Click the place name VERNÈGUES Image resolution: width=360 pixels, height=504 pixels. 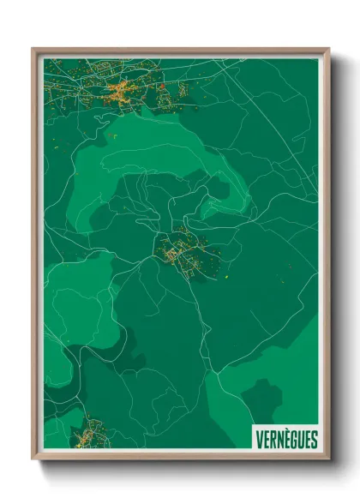(x=286, y=440)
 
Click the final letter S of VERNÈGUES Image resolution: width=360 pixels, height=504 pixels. (x=313, y=440)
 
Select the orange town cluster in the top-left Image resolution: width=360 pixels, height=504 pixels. (x=120, y=92)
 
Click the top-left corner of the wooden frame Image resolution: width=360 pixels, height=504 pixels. (x=33, y=49)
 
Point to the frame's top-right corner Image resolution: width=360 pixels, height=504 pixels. (x=328, y=49)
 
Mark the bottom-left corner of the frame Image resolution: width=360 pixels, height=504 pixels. (x=33, y=459)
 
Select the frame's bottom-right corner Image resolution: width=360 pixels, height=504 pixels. (x=328, y=459)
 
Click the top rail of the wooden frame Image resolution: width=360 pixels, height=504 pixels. (x=180, y=51)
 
